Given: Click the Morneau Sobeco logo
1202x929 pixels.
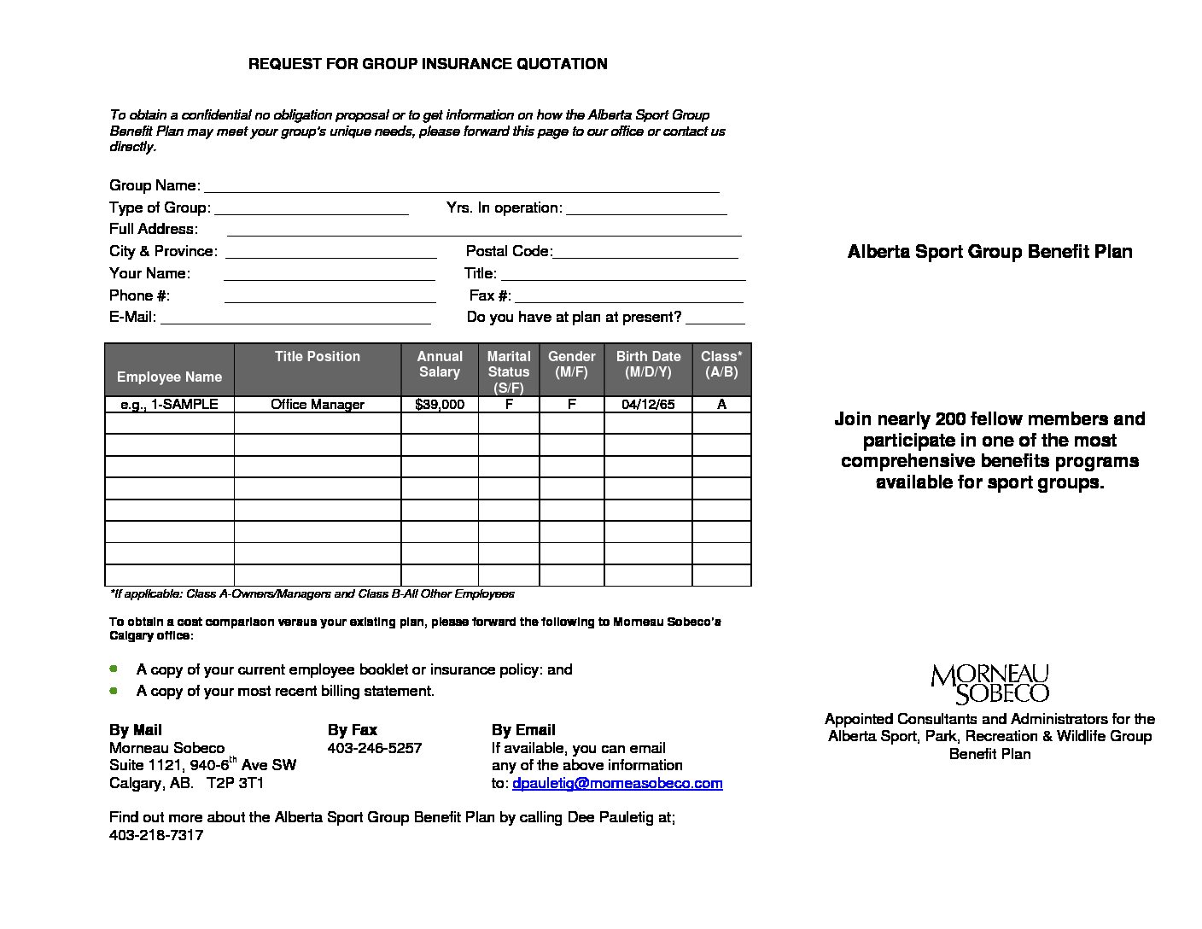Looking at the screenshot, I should (989, 684).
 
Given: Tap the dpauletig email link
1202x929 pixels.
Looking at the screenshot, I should (616, 783).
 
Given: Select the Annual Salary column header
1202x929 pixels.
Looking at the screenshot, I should (440, 365).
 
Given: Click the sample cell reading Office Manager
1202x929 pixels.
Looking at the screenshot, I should (318, 405).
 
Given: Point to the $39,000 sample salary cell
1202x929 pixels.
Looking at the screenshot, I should (440, 405).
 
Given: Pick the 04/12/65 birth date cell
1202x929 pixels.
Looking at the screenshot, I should (648, 405).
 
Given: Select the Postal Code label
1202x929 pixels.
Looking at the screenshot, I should (509, 251).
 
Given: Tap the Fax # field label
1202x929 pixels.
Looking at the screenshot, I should (490, 295).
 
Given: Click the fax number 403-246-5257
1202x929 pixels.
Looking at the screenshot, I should (375, 748).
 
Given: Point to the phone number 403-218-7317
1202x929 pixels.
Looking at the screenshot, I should (156, 835).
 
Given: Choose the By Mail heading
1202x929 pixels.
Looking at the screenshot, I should (136, 730).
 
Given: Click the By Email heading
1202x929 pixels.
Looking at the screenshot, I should (523, 730).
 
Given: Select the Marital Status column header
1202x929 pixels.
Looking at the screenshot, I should (509, 371).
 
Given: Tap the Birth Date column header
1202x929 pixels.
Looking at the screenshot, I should (648, 365).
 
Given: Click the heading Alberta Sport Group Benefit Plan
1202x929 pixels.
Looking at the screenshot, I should (989, 252).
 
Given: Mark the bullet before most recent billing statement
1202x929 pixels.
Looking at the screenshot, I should (114, 690).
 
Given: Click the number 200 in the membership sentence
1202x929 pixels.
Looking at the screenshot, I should (951, 419).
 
